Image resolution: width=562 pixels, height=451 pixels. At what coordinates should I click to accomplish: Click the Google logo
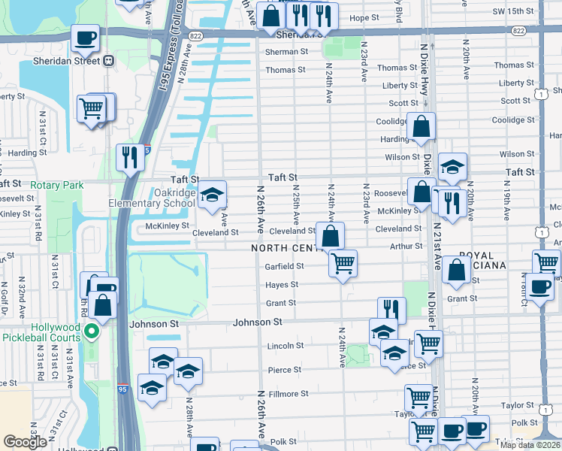click(25, 442)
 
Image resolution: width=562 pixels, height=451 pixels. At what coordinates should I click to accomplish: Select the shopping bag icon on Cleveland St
click(330, 235)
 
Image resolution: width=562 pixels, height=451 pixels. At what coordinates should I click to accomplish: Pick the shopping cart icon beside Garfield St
click(343, 264)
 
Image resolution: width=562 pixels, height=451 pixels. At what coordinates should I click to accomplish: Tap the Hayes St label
click(282, 285)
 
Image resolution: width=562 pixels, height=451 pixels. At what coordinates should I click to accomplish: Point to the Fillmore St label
click(289, 394)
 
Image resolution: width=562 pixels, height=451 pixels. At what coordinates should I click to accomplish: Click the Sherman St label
click(286, 52)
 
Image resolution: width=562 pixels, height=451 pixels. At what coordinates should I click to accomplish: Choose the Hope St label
click(365, 17)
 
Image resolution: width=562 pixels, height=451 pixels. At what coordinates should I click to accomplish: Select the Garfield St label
click(284, 266)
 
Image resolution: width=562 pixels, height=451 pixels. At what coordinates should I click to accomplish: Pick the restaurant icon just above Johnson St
click(391, 310)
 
